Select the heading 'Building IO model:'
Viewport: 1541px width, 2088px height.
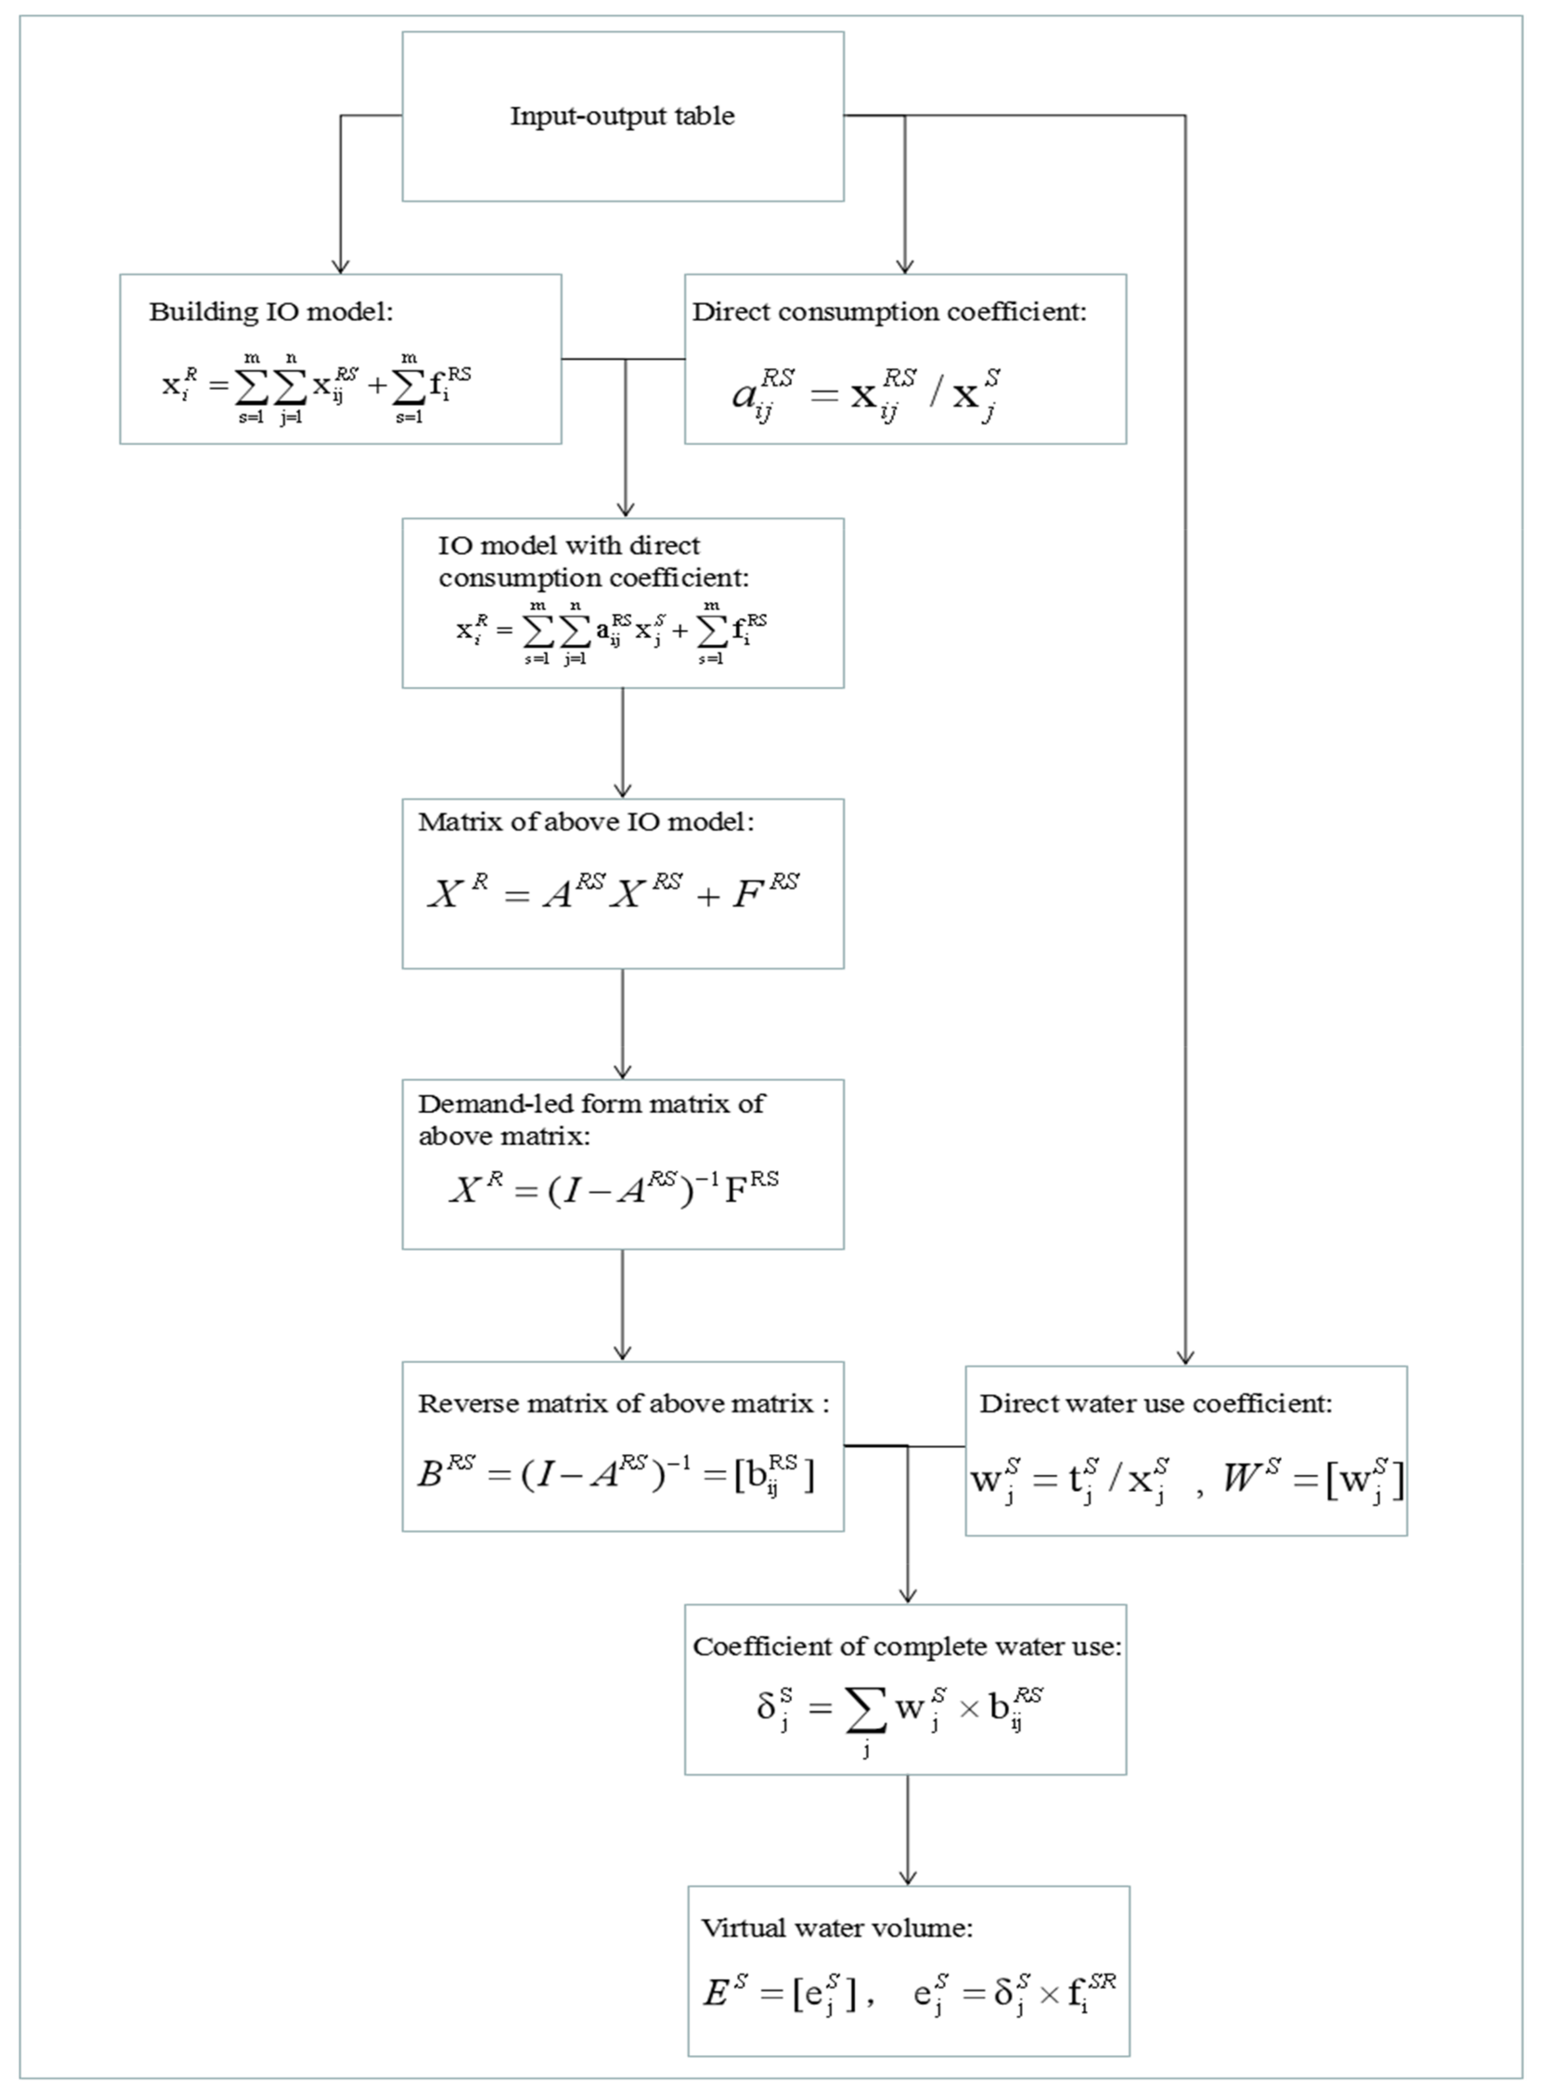[270, 312]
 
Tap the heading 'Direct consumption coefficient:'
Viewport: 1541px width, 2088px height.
[889, 312]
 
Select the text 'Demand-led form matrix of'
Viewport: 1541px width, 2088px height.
[590, 1104]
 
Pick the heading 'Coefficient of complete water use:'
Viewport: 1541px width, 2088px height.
[907, 1647]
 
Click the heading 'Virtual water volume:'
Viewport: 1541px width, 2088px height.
[837, 1928]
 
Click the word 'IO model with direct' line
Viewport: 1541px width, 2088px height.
[568, 546]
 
